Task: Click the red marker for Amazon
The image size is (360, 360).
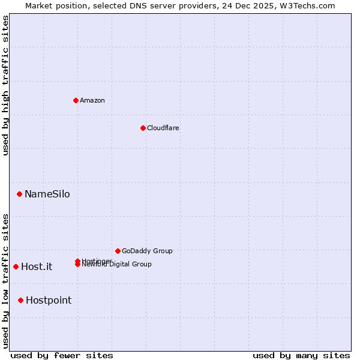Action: click(x=76, y=100)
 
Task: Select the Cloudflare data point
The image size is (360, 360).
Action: click(x=143, y=128)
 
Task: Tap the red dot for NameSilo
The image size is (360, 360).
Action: click(x=20, y=194)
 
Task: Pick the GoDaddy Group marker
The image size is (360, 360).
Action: click(x=118, y=251)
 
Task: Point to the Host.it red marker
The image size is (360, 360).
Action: click(x=16, y=266)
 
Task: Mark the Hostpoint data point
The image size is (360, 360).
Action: click(x=21, y=300)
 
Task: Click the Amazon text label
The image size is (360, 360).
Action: click(x=92, y=100)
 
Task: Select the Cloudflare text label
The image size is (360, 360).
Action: click(x=163, y=128)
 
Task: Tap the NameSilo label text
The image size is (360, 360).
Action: click(x=47, y=194)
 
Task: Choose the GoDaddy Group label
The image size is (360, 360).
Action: click(x=147, y=251)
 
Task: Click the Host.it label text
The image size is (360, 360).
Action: click(x=37, y=266)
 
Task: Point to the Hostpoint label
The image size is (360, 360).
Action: click(x=49, y=300)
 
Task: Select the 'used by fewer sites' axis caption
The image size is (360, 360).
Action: click(x=62, y=355)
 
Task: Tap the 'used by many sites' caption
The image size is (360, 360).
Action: click(x=301, y=355)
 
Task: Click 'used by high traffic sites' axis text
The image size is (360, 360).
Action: click(x=5, y=85)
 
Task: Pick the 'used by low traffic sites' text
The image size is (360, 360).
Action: click(x=5, y=281)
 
